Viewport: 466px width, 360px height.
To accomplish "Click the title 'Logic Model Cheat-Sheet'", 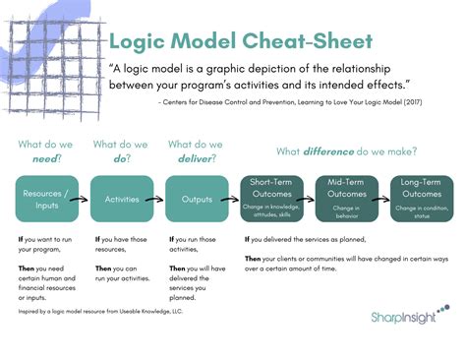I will tap(240, 43).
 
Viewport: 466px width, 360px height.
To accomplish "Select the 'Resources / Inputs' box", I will tap(48, 199).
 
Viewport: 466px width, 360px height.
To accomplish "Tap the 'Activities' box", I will tap(122, 199).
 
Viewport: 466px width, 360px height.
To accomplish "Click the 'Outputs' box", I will tap(197, 199).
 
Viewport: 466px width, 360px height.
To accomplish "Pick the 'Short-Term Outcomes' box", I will tap(271, 199).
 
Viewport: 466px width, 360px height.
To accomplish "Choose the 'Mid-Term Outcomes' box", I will tap(346, 199).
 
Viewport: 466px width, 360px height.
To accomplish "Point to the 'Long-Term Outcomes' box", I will tap(421, 199).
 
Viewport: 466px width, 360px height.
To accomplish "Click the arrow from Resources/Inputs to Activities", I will tap(86, 199).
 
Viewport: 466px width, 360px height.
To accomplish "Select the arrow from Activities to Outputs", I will tap(159, 199).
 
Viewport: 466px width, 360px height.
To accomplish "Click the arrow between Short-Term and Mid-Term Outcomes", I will tap(309, 199).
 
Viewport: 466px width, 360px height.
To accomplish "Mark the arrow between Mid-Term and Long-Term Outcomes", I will tap(383, 199).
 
